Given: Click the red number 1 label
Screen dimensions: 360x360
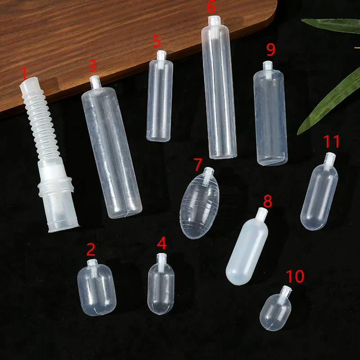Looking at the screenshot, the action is pyautogui.click(x=24, y=73).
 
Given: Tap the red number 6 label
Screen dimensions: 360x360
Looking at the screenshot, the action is pyautogui.click(x=211, y=6).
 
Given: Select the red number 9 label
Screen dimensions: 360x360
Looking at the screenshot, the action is pyautogui.click(x=271, y=49).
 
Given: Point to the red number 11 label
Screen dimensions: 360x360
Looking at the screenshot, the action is pyautogui.click(x=331, y=141).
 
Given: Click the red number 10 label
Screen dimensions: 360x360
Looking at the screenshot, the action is pyautogui.click(x=295, y=276).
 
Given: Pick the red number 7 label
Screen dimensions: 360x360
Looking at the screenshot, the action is pyautogui.click(x=198, y=164).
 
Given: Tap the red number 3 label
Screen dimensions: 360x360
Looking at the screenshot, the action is pyautogui.click(x=92, y=66).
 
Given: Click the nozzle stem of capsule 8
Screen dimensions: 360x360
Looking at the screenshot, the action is pyautogui.click(x=262, y=213).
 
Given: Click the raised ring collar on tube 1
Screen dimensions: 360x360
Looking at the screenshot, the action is pyautogui.click(x=56, y=187).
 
